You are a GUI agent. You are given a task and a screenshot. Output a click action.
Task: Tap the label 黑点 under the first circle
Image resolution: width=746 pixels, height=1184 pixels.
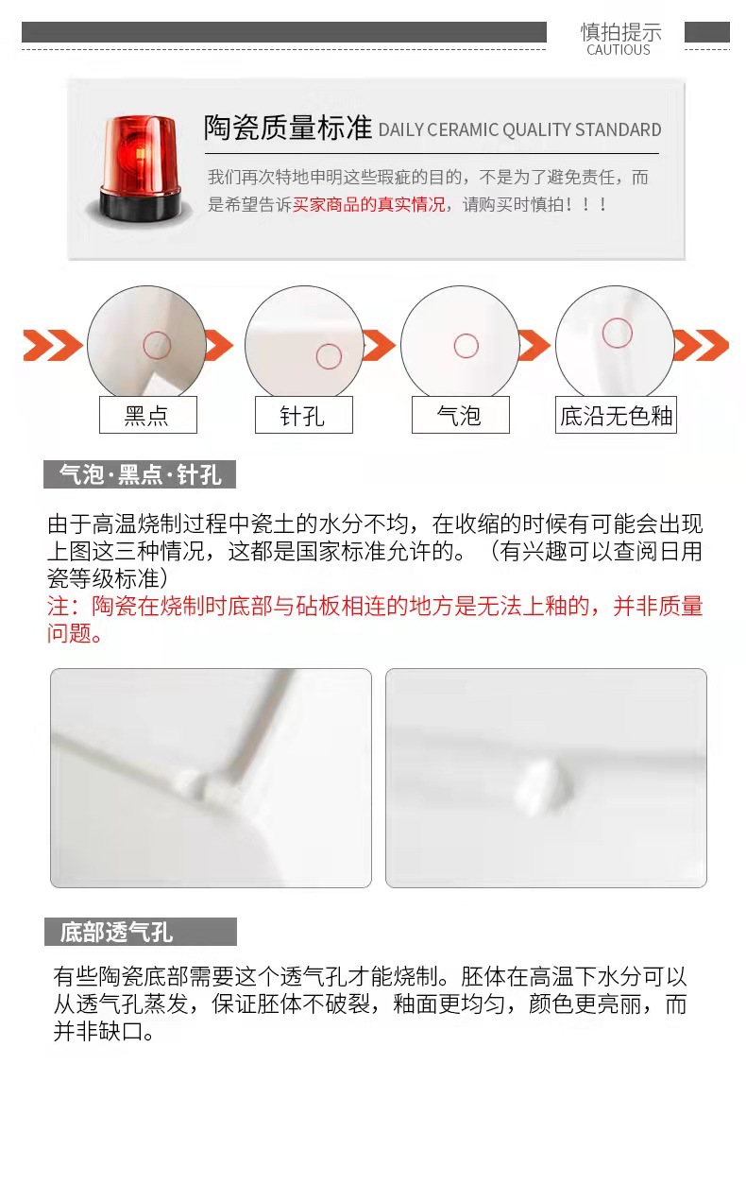147,415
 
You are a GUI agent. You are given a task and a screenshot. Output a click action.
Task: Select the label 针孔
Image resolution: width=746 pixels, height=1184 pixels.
303,415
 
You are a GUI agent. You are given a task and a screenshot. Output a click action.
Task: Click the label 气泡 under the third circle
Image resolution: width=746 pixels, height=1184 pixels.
460,415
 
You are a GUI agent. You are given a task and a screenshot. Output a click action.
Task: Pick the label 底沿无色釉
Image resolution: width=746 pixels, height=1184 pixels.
616,415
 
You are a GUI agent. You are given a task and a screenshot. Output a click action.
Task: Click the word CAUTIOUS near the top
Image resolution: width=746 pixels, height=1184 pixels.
619,50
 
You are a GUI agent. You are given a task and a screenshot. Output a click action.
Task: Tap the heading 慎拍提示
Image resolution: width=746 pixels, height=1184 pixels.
620,31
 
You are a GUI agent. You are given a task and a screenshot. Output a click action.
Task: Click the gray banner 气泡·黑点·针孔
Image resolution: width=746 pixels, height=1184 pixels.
140,474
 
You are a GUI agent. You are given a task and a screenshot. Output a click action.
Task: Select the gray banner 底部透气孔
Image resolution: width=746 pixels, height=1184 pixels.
140,933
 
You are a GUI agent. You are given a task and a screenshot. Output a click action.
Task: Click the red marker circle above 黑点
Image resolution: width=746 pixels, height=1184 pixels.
157,345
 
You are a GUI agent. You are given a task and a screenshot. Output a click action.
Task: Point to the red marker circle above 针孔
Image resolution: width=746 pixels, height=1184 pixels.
329,356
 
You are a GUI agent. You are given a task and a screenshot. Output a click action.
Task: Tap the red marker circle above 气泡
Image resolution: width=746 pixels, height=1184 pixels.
466,346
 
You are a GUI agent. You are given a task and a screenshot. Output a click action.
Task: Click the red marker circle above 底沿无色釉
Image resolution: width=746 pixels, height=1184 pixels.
618,333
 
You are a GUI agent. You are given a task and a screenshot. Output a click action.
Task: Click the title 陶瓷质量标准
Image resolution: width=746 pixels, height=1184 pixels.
288,129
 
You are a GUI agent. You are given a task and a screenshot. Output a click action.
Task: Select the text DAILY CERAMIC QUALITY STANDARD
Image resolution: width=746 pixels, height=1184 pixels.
519,130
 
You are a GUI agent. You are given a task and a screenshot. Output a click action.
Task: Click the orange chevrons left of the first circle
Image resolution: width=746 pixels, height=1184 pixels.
53,346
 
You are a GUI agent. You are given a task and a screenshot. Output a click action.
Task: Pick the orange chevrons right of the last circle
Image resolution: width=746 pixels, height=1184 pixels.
701,346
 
